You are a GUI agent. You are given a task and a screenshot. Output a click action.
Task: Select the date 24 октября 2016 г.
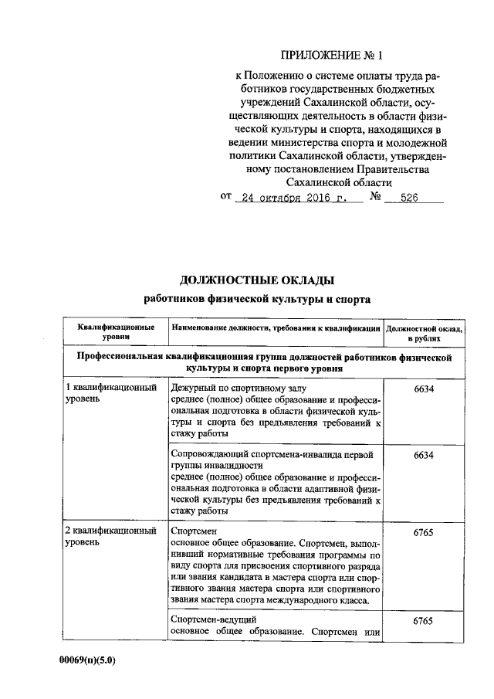tap(292, 197)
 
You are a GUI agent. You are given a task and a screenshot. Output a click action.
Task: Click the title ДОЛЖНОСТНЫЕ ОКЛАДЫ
tap(258, 280)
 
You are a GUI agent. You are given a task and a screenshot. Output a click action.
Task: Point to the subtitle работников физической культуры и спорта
tap(258, 298)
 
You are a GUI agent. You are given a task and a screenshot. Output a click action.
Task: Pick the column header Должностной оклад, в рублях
tap(424, 333)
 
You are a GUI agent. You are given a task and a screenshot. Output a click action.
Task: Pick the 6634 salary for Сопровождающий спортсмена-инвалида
tap(424, 455)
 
